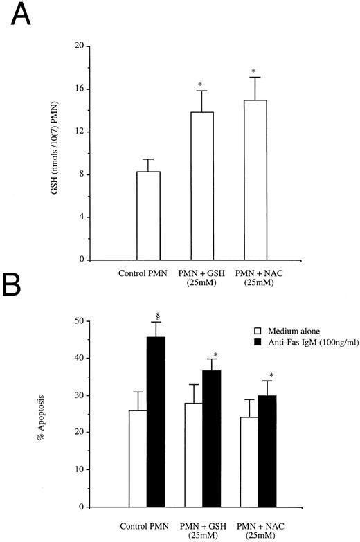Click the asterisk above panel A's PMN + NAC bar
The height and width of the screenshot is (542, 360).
coord(254,71)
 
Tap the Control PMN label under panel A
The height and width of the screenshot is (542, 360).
coord(148,274)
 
